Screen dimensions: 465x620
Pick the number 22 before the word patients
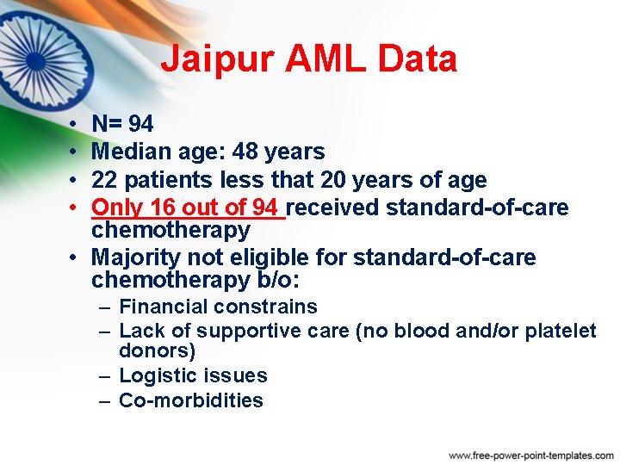(105, 180)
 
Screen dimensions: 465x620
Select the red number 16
(161, 208)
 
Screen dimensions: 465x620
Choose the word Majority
(133, 257)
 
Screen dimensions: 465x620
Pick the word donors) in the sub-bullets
(158, 351)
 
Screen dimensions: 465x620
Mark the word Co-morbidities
(191, 400)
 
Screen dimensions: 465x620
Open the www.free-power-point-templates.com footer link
(531, 455)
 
